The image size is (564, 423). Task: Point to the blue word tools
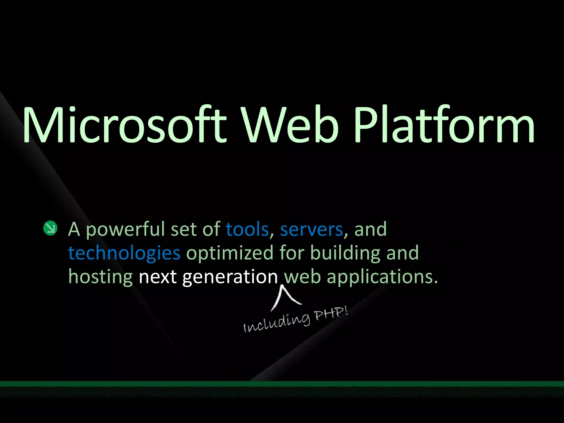click(x=247, y=229)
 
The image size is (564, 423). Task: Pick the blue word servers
click(x=311, y=229)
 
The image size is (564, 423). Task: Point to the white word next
click(x=158, y=277)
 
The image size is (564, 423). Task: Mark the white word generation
click(x=230, y=277)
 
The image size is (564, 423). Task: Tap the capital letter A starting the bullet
click(x=74, y=229)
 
